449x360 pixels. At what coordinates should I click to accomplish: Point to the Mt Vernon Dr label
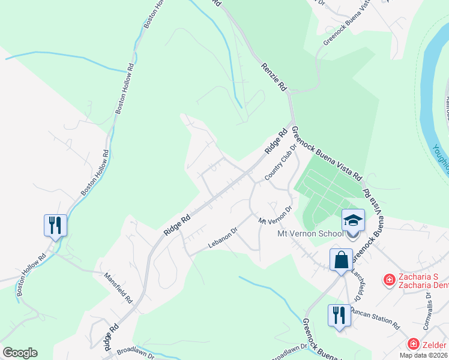tap(274, 215)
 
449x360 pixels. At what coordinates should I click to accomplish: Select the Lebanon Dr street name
tap(223, 238)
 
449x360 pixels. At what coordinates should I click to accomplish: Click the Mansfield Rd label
tap(117, 286)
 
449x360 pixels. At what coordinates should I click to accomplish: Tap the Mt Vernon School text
tap(310, 233)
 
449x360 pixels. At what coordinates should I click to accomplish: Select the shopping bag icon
tap(341, 260)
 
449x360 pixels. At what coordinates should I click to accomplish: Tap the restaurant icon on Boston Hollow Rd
tap(55, 225)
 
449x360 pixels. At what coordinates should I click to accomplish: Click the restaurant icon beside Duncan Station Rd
tap(339, 314)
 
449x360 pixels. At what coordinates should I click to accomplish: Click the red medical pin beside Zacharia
tap(389, 280)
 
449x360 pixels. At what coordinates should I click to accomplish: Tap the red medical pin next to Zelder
tap(413, 344)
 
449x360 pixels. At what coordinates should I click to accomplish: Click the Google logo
tap(20, 353)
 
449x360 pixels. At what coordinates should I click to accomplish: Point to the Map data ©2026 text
tap(423, 355)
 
